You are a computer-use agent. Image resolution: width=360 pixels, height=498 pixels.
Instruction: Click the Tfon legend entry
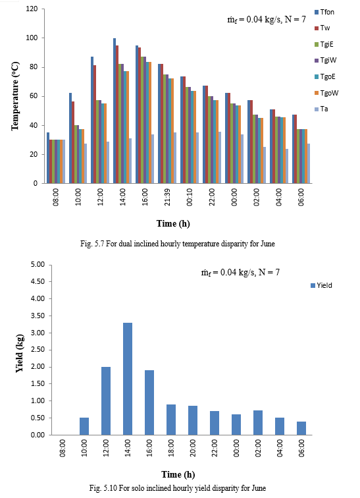click(324, 12)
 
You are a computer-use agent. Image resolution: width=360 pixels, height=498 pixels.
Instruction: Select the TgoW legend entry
click(326, 93)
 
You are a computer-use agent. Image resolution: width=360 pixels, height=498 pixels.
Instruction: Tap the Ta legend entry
click(321, 109)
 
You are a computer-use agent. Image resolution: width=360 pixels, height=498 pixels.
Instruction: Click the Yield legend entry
click(321, 285)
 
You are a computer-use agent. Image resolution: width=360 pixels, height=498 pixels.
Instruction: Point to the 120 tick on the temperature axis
click(32, 9)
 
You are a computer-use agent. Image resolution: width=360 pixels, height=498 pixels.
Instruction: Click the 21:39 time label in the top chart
click(167, 197)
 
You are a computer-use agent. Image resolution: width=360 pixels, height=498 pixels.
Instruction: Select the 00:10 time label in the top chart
click(190, 197)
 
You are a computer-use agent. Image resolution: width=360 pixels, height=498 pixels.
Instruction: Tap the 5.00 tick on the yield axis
click(38, 265)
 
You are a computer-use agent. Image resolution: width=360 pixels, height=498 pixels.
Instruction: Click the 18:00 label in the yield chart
click(171, 448)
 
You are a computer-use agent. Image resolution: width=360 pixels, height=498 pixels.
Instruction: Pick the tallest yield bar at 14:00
click(128, 379)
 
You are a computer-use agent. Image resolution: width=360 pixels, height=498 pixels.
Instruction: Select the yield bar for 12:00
click(106, 401)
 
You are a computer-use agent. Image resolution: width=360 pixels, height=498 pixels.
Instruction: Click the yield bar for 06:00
click(301, 428)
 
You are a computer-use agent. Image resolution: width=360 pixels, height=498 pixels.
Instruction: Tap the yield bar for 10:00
click(84, 426)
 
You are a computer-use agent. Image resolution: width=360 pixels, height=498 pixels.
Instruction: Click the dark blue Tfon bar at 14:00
click(115, 111)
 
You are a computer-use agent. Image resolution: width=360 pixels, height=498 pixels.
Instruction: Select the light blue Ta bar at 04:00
click(287, 166)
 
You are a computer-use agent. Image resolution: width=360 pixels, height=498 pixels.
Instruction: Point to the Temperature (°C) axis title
click(15, 96)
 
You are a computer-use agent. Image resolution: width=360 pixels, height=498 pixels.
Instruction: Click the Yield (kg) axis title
click(20, 353)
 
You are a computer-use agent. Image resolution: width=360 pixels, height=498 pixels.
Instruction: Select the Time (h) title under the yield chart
click(178, 474)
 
